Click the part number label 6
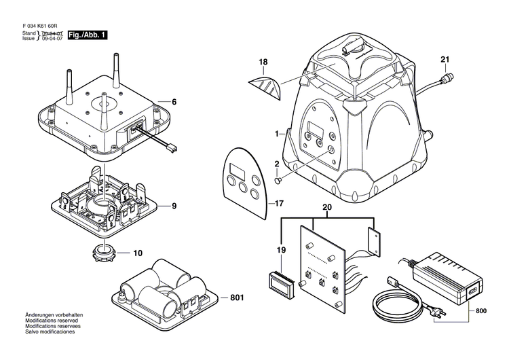point(174,102)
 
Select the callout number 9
point(174,206)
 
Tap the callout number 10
point(138,253)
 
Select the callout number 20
point(327,207)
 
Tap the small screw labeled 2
point(278,181)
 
